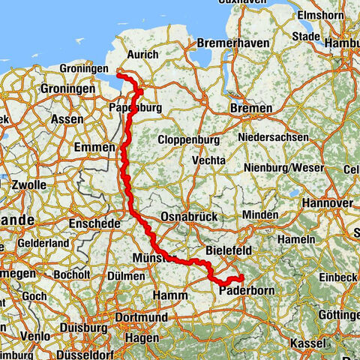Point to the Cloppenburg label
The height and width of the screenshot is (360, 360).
[x=188, y=140]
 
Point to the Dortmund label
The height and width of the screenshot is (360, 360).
[x=142, y=318]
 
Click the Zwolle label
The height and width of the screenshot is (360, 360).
[x=28, y=184]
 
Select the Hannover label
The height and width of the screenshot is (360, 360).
[x=326, y=203]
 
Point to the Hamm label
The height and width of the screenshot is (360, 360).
[x=170, y=296]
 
